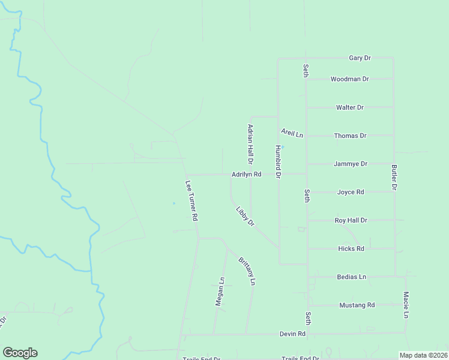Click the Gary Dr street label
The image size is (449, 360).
(360, 58)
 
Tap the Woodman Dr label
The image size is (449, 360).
(350, 79)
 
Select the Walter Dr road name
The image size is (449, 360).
(350, 107)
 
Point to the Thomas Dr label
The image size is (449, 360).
(350, 136)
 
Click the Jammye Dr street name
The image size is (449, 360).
(350, 163)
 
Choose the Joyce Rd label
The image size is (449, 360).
(351, 192)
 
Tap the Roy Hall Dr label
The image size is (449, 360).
(351, 220)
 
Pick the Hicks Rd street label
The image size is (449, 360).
(351, 248)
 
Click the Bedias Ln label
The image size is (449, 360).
(351, 277)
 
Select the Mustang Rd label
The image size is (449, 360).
(357, 305)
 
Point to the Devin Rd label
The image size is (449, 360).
(292, 334)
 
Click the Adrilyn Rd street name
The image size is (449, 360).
(247, 175)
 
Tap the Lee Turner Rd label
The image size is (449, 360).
(191, 202)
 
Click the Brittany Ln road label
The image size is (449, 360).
(247, 271)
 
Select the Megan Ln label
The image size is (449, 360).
(220, 292)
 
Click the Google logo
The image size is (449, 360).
(20, 353)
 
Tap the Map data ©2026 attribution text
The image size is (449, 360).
(423, 355)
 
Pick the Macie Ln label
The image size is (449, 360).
(406, 305)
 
